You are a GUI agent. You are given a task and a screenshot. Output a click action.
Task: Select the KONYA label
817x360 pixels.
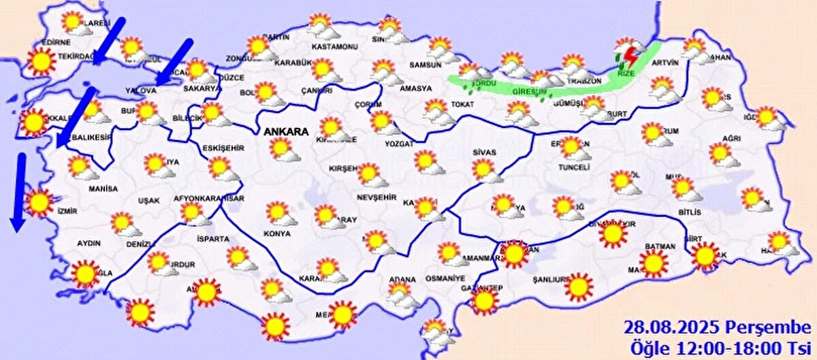click(x=276, y=233)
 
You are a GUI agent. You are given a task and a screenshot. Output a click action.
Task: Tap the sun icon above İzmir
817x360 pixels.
click(x=39, y=203)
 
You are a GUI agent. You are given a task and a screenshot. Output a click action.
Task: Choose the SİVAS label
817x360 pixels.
click(x=484, y=152)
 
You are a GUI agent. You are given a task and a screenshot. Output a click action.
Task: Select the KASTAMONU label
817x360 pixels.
click(x=335, y=47)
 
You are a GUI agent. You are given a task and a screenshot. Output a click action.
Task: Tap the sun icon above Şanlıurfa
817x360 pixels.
click(x=579, y=287)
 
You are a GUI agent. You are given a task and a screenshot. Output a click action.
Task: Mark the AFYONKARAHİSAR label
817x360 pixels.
click(x=209, y=199)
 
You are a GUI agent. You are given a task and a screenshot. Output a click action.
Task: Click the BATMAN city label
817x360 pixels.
click(x=658, y=246)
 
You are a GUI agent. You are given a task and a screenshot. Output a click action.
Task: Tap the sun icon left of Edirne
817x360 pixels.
click(x=42, y=61)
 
